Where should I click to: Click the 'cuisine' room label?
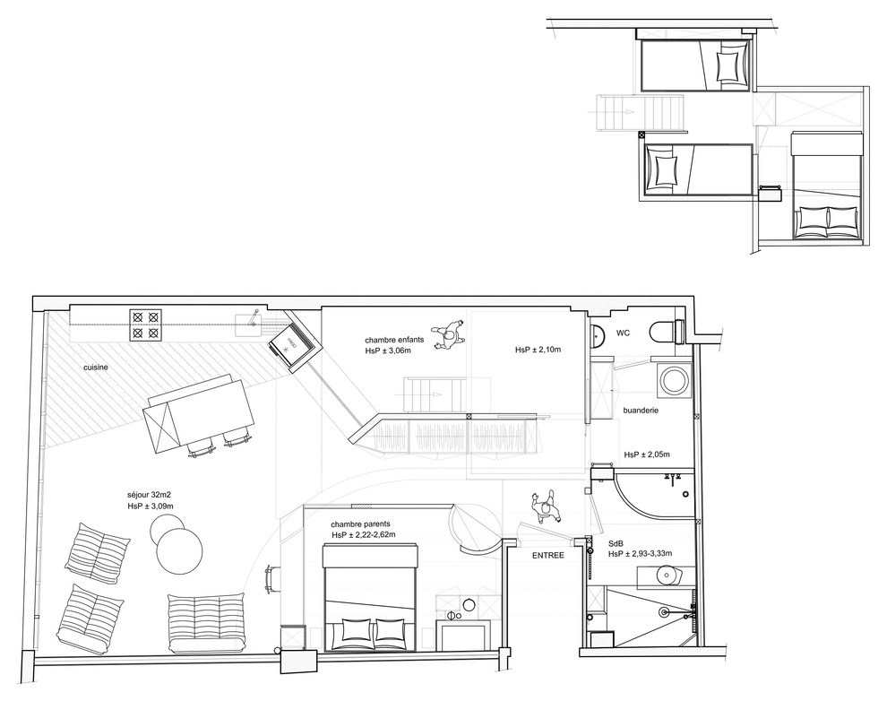[x=99, y=368]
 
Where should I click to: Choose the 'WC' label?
[x=623, y=334]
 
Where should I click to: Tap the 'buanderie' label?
[x=642, y=411]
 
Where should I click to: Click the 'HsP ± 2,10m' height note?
[x=538, y=350]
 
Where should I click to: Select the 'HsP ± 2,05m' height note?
[x=647, y=454]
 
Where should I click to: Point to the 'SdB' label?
[x=616, y=543]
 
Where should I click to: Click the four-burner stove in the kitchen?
[x=146, y=325]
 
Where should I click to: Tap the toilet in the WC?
[x=664, y=332]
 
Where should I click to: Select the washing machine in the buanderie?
[x=673, y=380]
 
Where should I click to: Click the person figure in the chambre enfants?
[x=447, y=333]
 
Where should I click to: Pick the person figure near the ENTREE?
[x=546, y=508]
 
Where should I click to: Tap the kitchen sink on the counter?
[x=248, y=324]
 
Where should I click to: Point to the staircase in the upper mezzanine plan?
[x=642, y=113]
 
